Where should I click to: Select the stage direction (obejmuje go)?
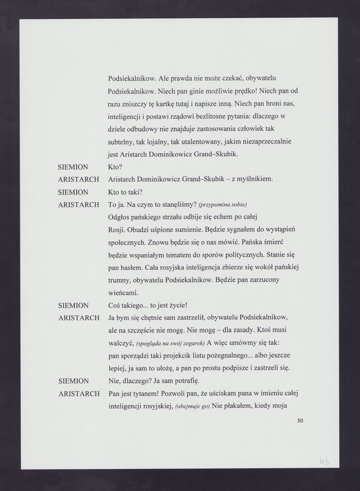pos(193,407)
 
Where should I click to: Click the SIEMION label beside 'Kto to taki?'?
pos(73,192)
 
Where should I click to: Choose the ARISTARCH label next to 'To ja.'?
pos(79,205)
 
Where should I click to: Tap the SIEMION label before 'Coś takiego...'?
pos(73,306)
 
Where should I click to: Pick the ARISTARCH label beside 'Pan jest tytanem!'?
pos(79,394)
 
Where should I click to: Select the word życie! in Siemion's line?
pos(191,306)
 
